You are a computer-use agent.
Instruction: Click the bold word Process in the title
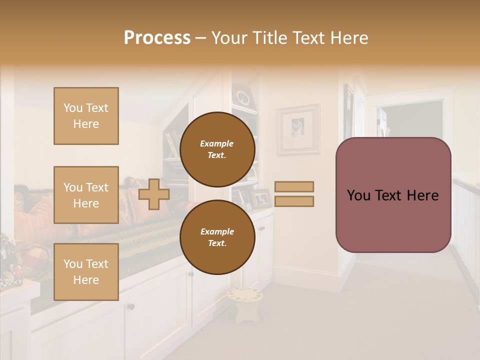point(157,38)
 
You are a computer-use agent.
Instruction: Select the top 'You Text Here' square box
point(86,116)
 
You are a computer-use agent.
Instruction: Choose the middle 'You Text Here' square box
point(86,195)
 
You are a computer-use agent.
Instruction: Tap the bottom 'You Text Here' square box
point(86,272)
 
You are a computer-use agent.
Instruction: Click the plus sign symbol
point(154,194)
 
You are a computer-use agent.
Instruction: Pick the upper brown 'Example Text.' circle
point(217,149)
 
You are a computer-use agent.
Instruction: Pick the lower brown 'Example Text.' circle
point(217,237)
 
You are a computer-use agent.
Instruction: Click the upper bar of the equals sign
point(294,186)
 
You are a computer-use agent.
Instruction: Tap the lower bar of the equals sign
point(294,201)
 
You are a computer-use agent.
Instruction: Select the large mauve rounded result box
point(393,195)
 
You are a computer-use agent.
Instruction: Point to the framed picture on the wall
point(298,129)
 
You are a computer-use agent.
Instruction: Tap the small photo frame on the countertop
point(261,198)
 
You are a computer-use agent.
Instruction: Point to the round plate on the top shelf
point(243,97)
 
